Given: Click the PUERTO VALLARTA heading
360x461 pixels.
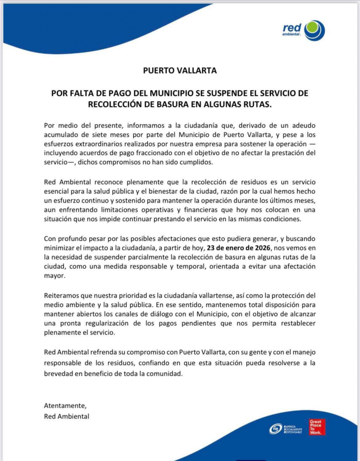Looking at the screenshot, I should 180,71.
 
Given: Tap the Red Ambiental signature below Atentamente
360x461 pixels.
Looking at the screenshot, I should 67,416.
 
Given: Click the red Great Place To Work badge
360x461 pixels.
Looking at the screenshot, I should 317,427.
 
